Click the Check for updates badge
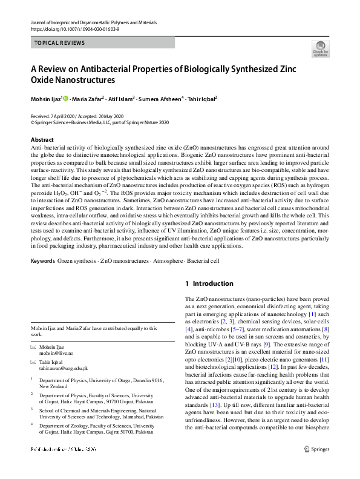320,48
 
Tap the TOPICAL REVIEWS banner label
60,43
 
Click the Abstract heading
42,140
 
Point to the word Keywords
42,261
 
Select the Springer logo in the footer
318,467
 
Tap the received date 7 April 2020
62,116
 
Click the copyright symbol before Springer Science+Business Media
33,122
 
